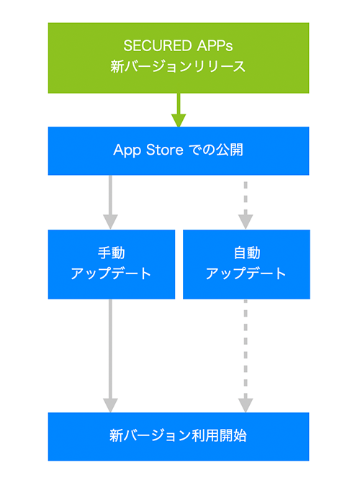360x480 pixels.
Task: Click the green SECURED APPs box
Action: click(179, 58)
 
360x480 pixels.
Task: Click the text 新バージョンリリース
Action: click(178, 67)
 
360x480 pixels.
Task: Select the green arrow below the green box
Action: click(179, 110)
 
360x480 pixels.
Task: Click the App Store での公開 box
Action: click(179, 151)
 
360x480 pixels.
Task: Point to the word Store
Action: click(165, 150)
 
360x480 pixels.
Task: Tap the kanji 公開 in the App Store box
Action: click(230, 150)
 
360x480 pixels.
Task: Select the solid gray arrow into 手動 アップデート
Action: click(111, 202)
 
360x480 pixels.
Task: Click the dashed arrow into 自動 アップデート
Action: click(246, 205)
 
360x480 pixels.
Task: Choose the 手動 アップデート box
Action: click(112, 265)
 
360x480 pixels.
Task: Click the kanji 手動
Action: click(112, 253)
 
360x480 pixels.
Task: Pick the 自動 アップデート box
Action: click(246, 265)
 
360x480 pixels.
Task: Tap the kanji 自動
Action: click(247, 253)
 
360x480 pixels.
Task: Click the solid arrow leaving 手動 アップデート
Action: click(111, 356)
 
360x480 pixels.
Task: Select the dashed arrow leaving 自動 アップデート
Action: click(246, 356)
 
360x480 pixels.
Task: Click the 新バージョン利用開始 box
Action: click(179, 437)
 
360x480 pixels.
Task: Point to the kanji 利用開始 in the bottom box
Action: click(219, 435)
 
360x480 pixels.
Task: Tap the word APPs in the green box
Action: click(215, 46)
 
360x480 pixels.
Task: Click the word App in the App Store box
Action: click(127, 150)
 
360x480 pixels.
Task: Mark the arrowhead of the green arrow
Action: click(179, 121)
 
